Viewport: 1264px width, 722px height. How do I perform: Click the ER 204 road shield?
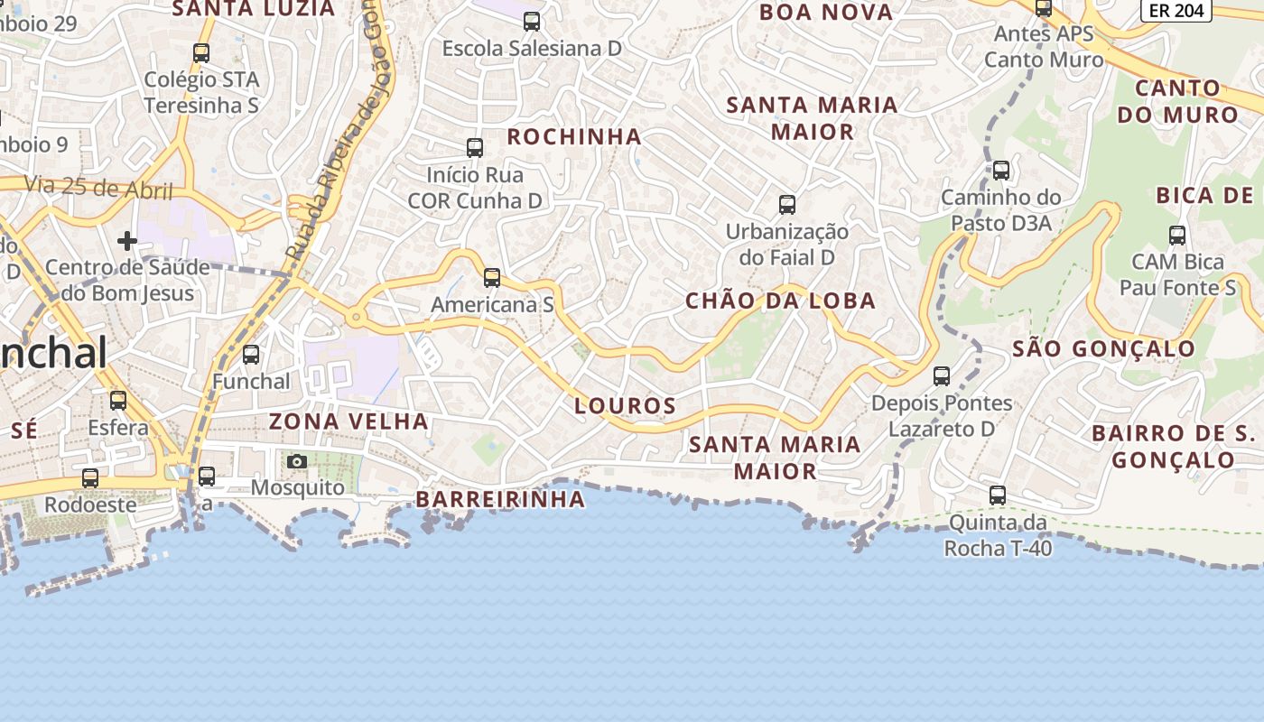point(1176,10)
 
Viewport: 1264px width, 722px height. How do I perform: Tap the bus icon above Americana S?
point(492,277)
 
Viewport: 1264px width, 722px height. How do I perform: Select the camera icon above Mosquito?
point(296,462)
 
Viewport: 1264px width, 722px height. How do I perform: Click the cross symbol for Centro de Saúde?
point(127,240)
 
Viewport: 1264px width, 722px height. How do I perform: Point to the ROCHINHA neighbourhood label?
point(574,137)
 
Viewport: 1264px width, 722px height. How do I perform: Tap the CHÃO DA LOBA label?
point(780,301)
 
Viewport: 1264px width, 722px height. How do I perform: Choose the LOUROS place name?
point(625,406)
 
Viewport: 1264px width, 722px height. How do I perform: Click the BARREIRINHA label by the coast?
point(500,499)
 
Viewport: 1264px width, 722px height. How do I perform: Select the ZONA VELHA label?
point(349,421)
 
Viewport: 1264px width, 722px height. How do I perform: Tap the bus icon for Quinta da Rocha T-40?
point(998,495)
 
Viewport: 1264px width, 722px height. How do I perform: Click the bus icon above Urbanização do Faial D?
point(787,204)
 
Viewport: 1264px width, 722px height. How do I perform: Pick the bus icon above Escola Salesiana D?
point(532,21)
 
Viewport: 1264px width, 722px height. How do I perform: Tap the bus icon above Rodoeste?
point(90,477)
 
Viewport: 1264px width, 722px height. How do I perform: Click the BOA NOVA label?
point(825,13)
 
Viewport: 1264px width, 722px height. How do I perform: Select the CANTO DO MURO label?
point(1177,102)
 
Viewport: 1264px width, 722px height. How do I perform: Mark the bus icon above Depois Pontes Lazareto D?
point(942,375)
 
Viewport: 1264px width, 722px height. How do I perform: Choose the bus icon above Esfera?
point(118,400)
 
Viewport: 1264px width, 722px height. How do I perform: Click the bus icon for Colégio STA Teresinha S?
point(201,52)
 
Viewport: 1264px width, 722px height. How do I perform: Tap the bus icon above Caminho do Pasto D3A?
point(1001,170)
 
